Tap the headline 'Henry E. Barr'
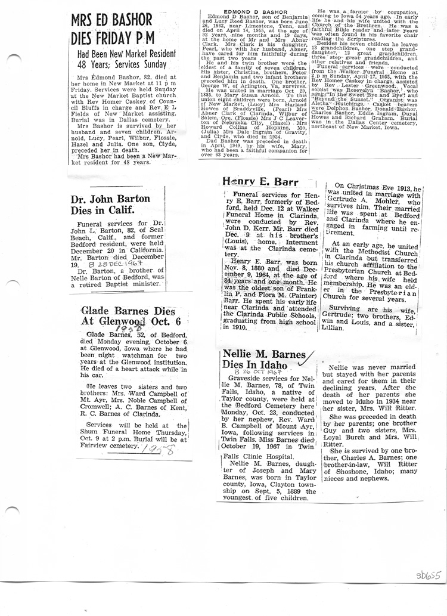coord(260,182)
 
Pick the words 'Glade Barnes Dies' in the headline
coord(128,311)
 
